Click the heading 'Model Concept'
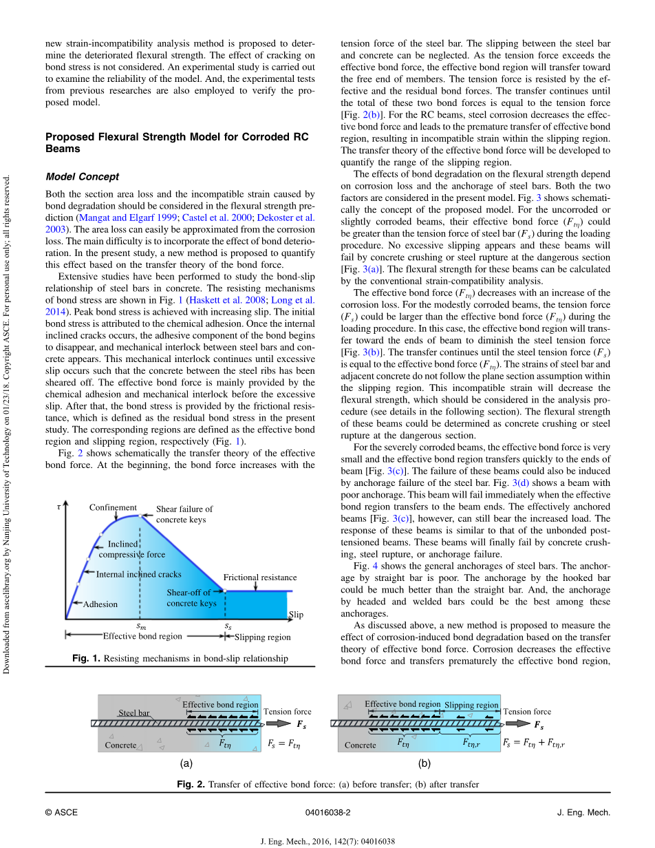pyautogui.click(x=82, y=177)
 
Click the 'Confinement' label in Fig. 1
pyautogui.click(x=113, y=508)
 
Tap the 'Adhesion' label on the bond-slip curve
pyautogui.click(x=100, y=604)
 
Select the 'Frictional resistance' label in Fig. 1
pyautogui.click(x=260, y=577)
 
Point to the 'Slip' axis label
pyautogui.click(x=296, y=615)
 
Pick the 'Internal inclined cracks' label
pyautogui.click(x=139, y=574)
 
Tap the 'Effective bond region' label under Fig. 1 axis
pyautogui.click(x=142, y=636)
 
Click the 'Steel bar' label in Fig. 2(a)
pyautogui.click(x=134, y=713)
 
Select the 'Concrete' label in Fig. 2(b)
pyautogui.click(x=361, y=745)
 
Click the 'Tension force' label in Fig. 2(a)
pyautogui.click(x=288, y=712)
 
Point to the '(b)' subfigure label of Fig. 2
pyautogui.click(x=424, y=763)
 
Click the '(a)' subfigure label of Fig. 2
pyautogui.click(x=186, y=763)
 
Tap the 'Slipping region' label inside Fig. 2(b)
pyautogui.click(x=471, y=706)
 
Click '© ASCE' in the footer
pyautogui.click(x=58, y=813)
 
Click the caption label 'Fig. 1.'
pyautogui.click(x=87, y=659)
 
